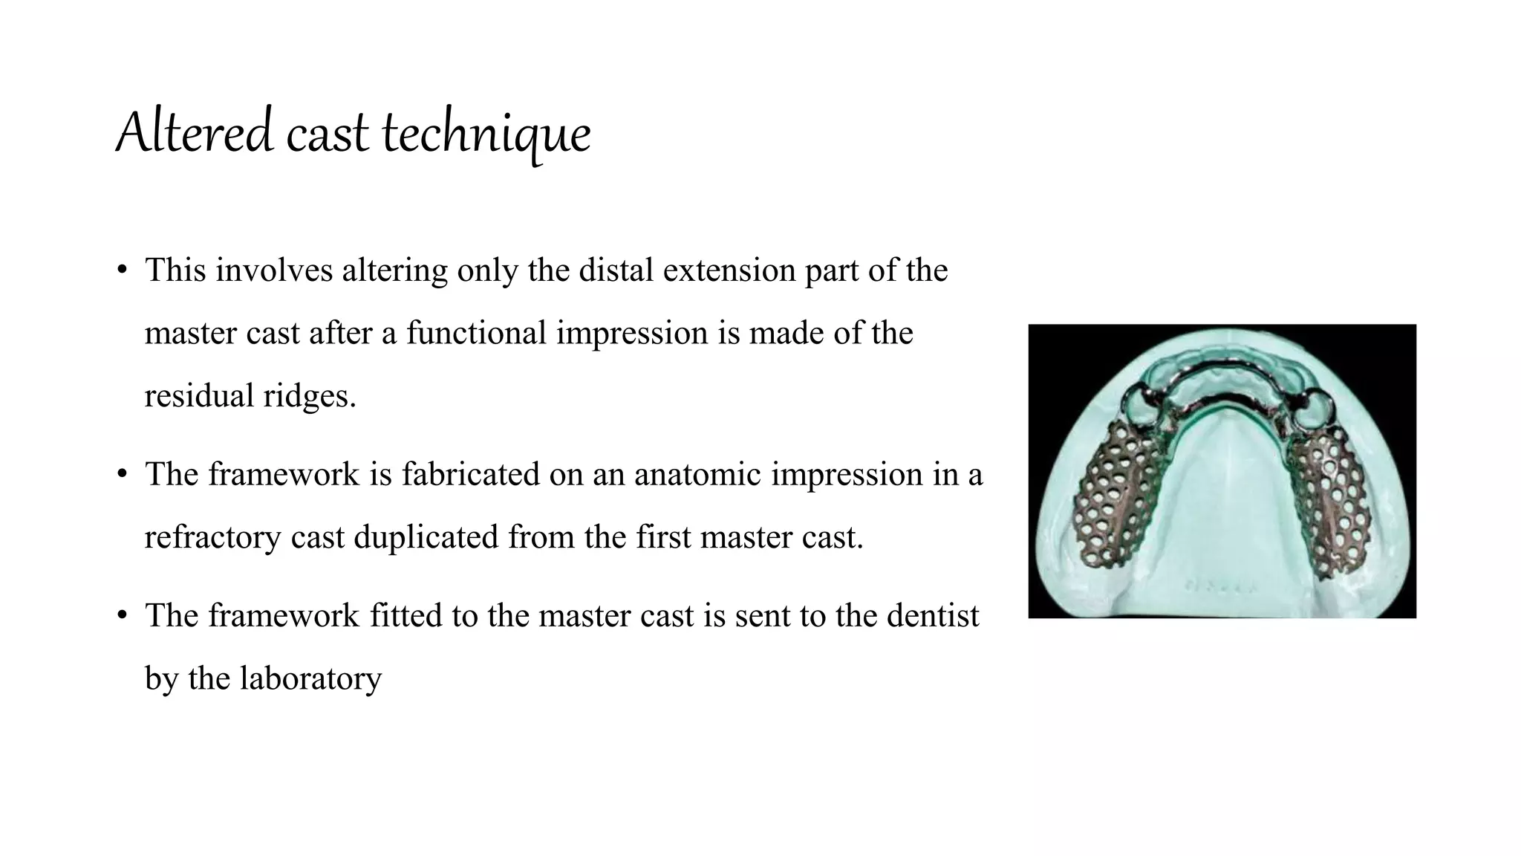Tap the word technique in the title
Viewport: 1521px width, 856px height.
[x=486, y=135]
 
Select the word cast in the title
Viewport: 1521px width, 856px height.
[x=327, y=135]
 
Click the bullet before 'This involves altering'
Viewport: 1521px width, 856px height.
[x=123, y=270]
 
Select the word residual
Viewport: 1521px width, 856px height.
[x=199, y=396]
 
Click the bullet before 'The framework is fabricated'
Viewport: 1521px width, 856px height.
[x=123, y=474]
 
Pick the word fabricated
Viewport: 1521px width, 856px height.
[x=471, y=474]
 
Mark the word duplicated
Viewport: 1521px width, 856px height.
[x=426, y=537]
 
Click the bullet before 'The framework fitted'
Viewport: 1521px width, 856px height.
[x=123, y=616]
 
